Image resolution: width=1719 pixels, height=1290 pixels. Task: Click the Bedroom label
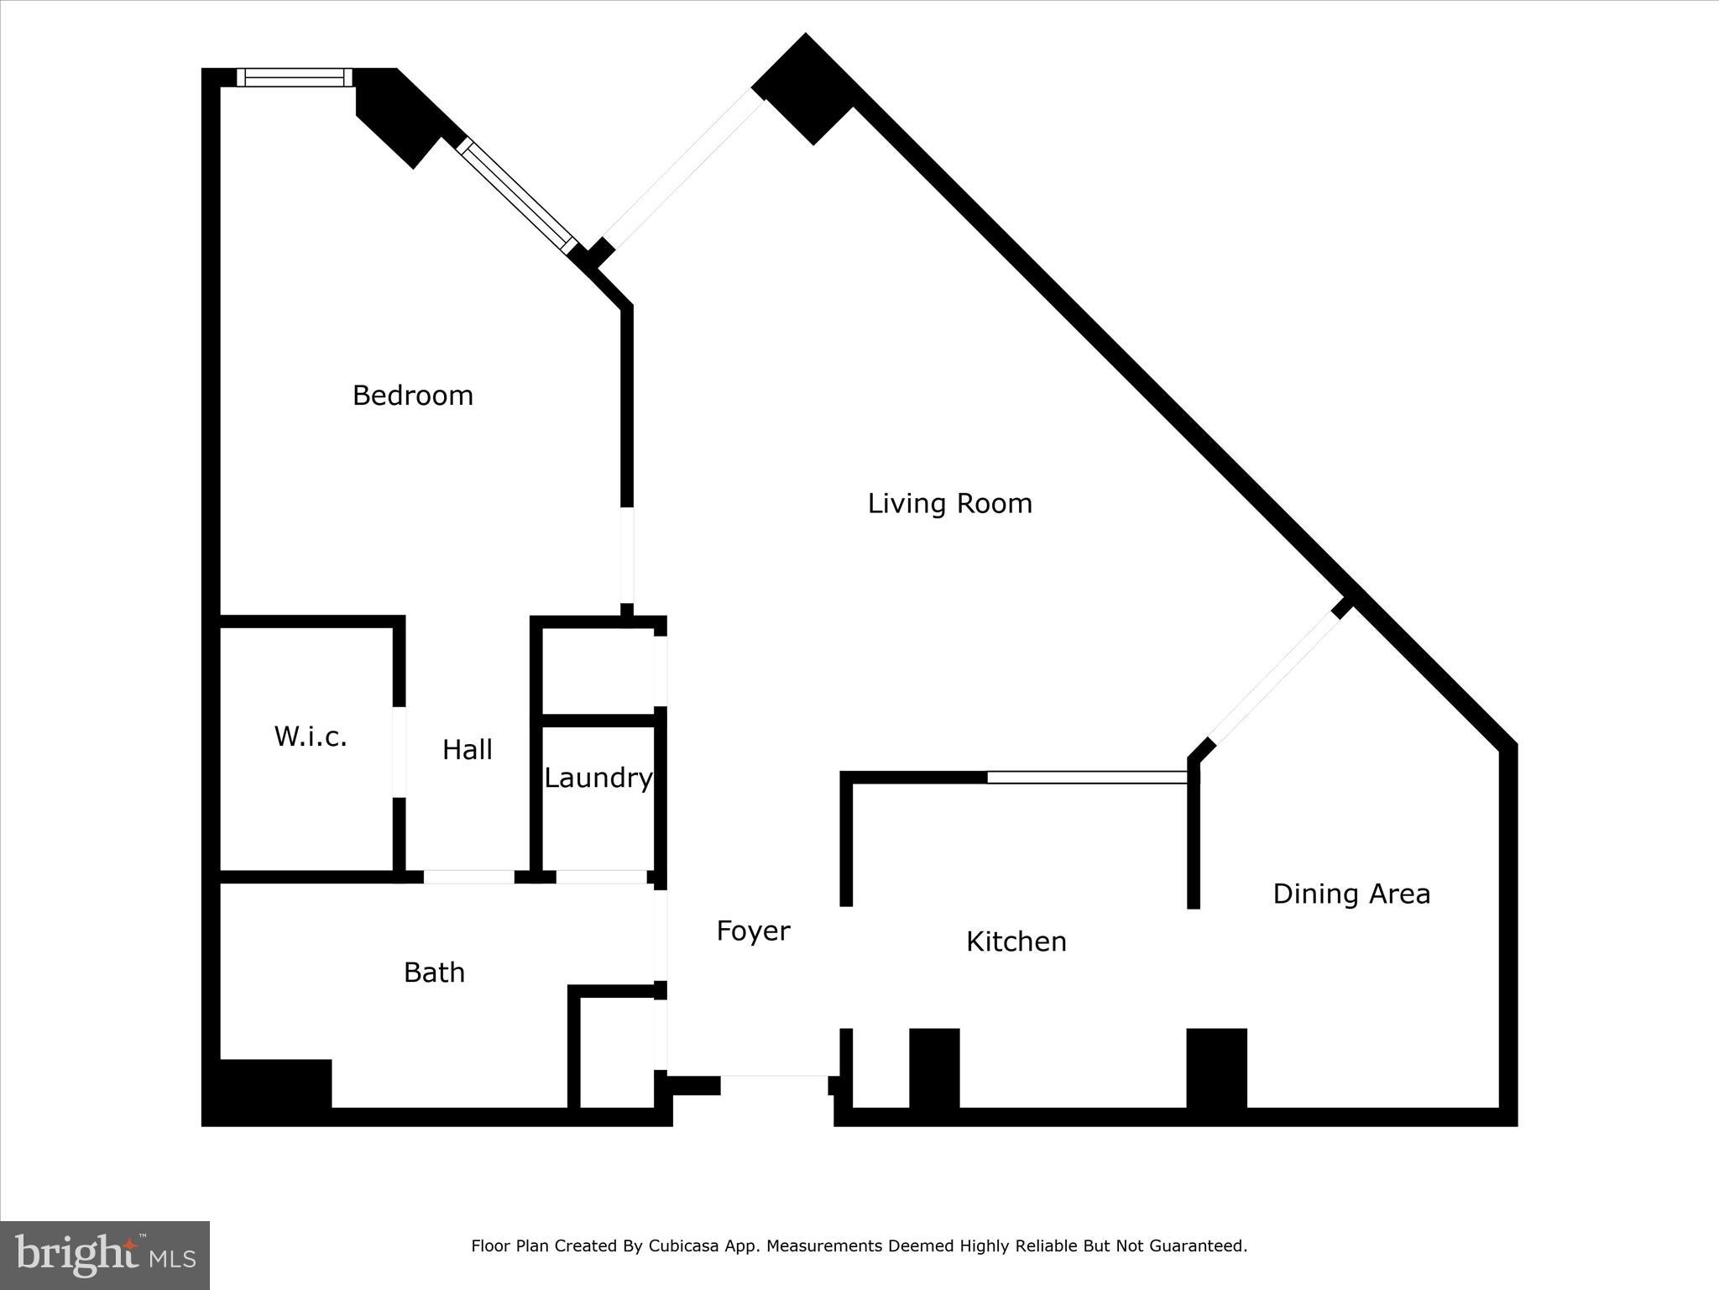412,396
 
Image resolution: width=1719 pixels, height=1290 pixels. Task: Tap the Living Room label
949,504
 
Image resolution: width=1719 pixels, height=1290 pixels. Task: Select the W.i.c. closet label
311,737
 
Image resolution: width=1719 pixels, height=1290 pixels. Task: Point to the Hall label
468,750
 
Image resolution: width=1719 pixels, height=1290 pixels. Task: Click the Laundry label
598,779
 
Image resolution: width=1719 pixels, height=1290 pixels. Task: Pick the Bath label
434,973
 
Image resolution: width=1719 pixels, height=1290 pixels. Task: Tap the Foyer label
753,931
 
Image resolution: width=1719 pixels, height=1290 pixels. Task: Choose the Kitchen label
1016,941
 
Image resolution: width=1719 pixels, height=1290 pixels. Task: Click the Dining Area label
1351,894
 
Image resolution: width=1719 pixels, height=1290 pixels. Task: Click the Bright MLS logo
105,1255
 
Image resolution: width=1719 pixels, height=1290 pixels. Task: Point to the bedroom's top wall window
294,77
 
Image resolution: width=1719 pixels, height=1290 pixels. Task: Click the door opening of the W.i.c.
400,752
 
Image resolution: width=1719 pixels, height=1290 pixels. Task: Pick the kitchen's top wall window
1087,778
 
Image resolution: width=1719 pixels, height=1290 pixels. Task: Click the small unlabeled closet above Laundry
598,670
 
